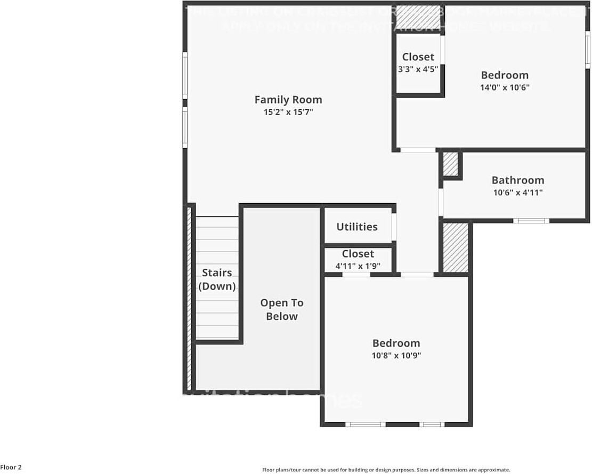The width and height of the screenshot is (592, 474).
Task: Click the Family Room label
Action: point(288,100)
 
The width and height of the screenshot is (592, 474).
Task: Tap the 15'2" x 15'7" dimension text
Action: point(288,113)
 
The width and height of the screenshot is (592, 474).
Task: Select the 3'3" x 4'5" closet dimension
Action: point(418,69)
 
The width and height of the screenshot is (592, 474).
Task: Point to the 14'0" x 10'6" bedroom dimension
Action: point(505,87)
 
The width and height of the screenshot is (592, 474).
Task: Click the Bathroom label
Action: point(517,180)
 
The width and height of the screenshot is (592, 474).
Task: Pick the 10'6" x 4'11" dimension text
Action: point(517,193)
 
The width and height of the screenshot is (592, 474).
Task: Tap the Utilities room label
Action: point(356,227)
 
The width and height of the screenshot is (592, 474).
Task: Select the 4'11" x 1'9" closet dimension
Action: point(358,266)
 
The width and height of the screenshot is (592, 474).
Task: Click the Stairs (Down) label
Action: point(217,279)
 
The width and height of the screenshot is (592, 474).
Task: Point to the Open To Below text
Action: point(281,309)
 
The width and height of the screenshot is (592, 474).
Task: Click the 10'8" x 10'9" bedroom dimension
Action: point(396,356)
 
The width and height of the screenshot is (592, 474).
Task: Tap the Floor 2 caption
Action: point(11,467)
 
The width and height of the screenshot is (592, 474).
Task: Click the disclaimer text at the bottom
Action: point(386,470)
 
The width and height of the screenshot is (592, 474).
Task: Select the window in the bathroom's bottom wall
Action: point(531,220)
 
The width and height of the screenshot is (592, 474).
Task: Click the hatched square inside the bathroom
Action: point(451,164)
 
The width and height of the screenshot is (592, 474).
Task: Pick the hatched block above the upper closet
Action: point(419,16)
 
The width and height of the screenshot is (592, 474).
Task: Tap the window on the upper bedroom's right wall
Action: point(588,50)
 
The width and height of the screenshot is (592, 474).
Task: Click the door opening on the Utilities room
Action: point(394,227)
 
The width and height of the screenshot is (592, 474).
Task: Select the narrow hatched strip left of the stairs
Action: point(189,299)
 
